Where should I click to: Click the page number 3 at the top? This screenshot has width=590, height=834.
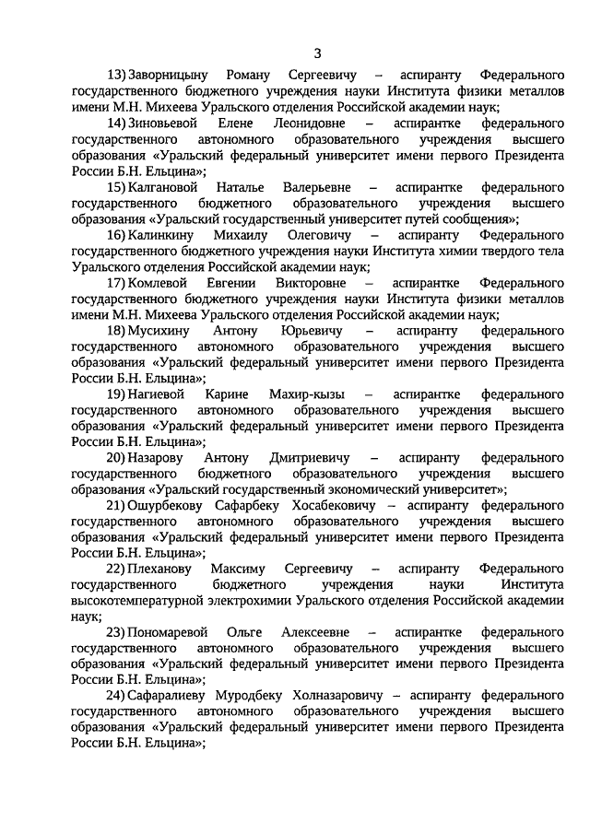(x=318, y=51)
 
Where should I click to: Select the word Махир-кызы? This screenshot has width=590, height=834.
(x=315, y=395)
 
